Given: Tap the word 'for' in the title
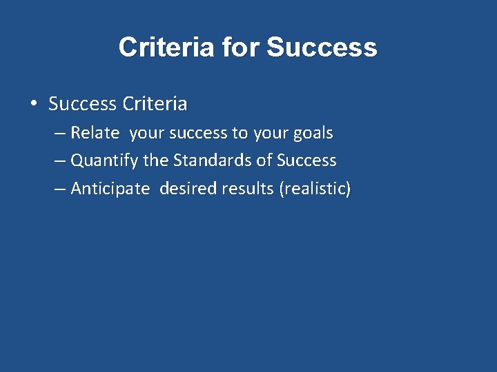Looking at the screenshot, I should point(241,48).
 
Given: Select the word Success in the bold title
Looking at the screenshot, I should point(322,48).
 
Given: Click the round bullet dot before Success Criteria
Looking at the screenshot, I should point(33,104).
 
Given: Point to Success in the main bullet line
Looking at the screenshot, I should point(82,104).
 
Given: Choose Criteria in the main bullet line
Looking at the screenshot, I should point(154,104).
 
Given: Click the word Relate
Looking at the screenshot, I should point(95,132).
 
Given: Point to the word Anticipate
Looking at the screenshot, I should point(110,189).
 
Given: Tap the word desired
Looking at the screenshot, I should point(188,189).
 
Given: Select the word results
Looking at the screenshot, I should point(248,189).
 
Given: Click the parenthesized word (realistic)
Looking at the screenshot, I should point(315,189).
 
